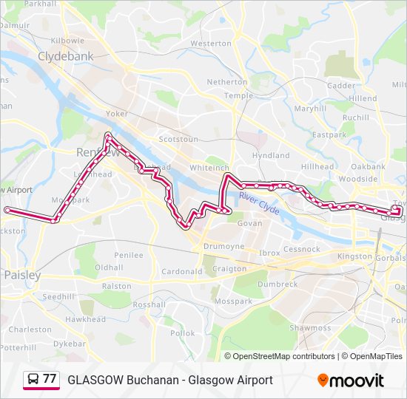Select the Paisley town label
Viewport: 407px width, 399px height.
[21, 274]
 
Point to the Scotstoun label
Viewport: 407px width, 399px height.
[179, 139]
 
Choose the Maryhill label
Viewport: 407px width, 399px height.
[310, 109]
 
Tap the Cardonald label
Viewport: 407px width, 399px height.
[182, 272]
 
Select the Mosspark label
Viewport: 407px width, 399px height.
[232, 302]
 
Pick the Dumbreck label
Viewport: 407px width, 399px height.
[277, 284]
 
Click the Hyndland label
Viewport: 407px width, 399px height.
[271, 156]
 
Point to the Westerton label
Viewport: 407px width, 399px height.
[211, 44]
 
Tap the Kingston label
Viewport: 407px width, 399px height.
[354, 256]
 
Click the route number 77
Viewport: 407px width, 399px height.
[50, 379]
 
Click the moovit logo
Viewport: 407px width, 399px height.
[351, 381]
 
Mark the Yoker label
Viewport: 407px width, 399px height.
[117, 115]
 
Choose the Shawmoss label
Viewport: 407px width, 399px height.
[311, 327]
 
